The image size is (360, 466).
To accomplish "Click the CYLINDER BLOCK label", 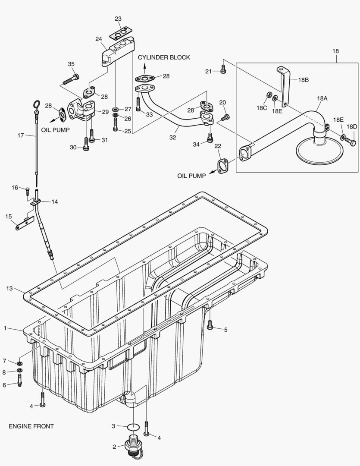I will [x=164, y=57].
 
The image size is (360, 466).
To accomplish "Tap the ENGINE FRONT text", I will [x=31, y=426].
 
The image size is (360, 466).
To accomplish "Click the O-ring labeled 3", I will [x=134, y=427].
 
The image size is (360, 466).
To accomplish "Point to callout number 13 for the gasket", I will [x=9, y=288].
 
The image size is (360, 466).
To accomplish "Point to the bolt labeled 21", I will [x=223, y=69].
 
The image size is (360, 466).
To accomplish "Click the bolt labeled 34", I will [x=210, y=138].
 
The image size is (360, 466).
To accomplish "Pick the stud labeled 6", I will [x=19, y=379].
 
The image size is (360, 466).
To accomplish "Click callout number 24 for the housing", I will [x=99, y=39].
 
